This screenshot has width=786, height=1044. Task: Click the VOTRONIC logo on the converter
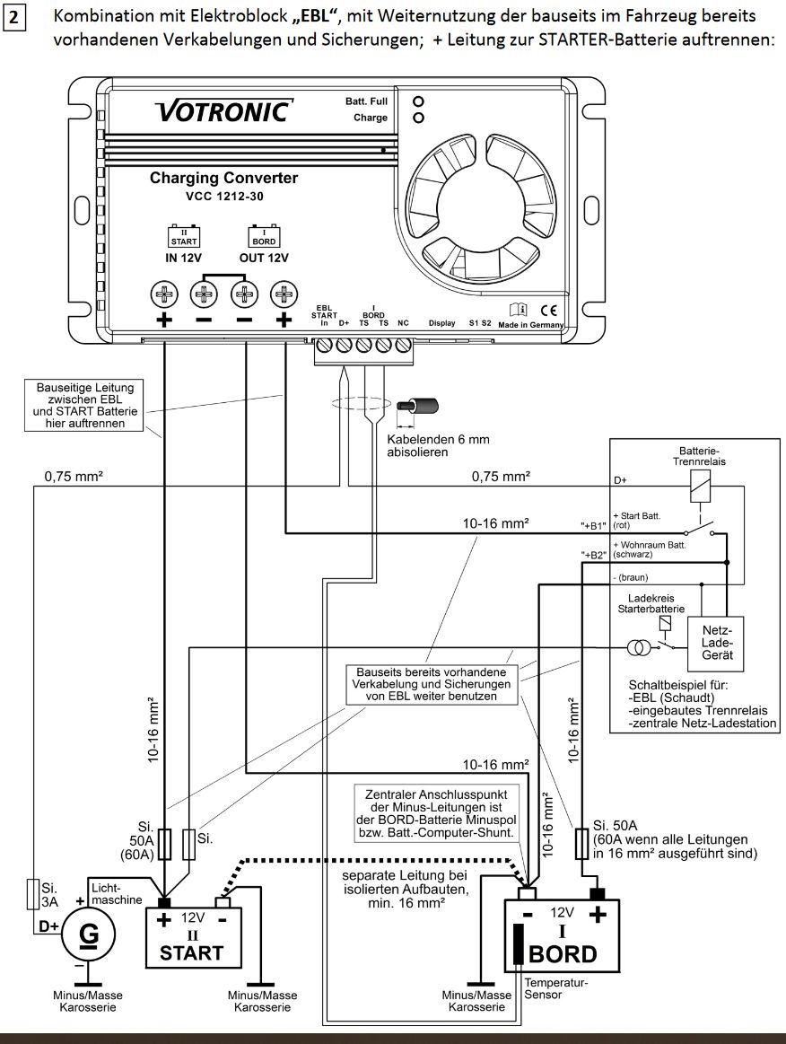[223, 111]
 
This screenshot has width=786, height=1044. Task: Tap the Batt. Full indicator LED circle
[419, 101]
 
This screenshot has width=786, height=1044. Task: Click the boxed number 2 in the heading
[14, 20]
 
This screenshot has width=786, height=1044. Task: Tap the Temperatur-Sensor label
[556, 988]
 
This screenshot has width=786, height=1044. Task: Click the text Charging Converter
[223, 179]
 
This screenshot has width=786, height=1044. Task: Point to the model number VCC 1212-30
[224, 197]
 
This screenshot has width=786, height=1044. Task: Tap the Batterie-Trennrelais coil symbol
[700, 486]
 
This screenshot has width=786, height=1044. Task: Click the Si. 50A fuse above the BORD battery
[581, 844]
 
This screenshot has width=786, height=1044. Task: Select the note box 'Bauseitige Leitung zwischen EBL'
[83, 405]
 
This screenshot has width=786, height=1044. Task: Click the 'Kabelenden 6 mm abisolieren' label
[439, 445]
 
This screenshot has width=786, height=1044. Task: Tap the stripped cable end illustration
[417, 406]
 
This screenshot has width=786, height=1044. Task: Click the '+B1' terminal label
[593, 526]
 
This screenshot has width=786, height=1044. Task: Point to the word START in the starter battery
[192, 952]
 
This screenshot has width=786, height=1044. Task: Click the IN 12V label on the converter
[183, 258]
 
